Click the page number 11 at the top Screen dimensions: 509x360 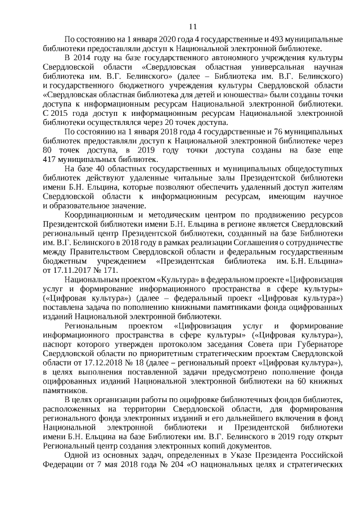[x=193, y=26]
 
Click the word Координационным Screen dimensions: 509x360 [x=96, y=215]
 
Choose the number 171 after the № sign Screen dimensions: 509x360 [x=106, y=269]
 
